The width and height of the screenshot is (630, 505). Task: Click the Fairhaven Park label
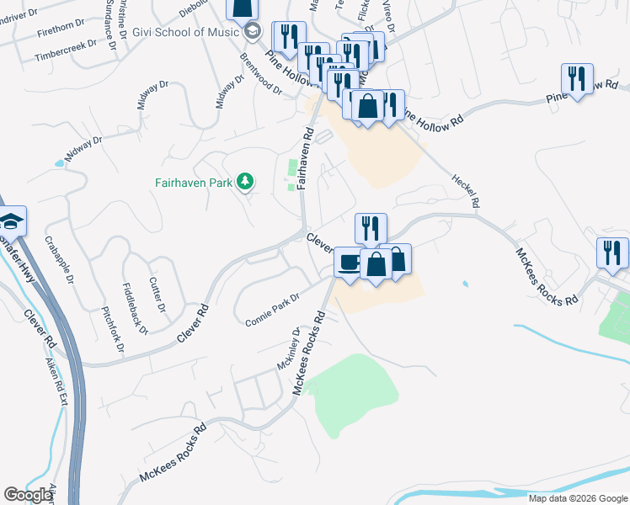point(194,182)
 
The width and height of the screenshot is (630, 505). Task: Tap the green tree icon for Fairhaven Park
point(245,181)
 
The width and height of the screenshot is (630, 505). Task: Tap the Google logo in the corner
point(29,494)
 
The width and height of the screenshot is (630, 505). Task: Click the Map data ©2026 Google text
point(577,498)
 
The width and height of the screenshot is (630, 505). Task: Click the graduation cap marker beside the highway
point(11,221)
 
